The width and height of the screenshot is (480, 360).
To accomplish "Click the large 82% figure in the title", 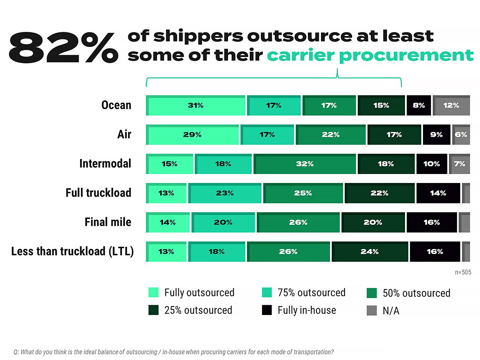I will pos(63,47).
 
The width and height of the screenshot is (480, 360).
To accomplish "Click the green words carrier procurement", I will pos(370,55).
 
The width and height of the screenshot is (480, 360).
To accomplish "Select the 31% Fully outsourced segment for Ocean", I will pos(195,105).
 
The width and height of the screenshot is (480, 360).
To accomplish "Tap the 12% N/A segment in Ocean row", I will pos(451,105).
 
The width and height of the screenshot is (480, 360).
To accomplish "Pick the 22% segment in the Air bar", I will pos(330,135).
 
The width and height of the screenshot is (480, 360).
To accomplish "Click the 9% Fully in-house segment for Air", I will pos(436,135).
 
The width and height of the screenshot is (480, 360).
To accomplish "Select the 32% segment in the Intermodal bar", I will pos(304,164).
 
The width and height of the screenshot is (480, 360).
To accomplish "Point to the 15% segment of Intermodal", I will pos(169,164).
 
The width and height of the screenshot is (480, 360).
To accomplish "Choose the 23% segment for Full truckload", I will pos(225,193).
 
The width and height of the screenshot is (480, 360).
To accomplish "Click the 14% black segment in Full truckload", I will pos(438,193).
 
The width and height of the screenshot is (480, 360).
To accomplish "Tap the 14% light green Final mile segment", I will pos(168,222).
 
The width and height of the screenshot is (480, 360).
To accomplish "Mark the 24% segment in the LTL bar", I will pos(369,252).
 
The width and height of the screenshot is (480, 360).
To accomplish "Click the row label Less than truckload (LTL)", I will pos(72,251).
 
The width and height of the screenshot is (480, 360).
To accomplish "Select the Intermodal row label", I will pos(105,163).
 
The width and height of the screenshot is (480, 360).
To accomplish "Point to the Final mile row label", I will pos(108,222).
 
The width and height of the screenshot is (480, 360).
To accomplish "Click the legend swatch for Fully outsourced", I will pos(153,292).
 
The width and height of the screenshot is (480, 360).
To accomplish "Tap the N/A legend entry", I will pos(390,310).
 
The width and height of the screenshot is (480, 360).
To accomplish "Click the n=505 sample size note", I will pos(463,272).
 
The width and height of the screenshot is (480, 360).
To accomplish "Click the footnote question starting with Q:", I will pos(173,352).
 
